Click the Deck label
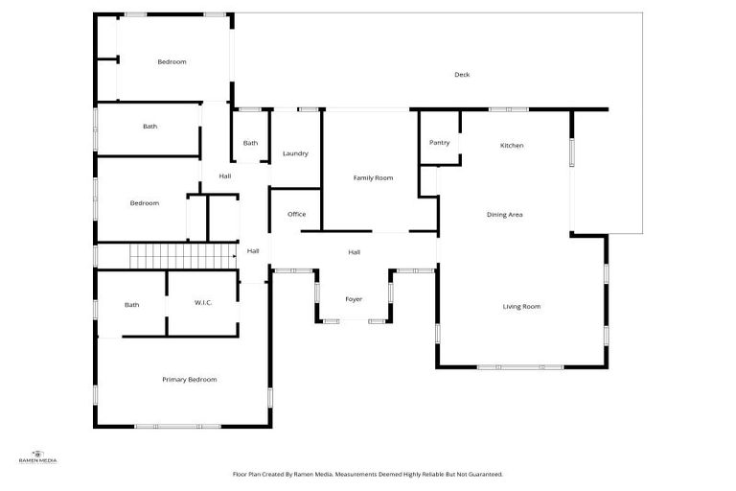(462, 75)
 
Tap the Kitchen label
(512, 146)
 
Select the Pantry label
(439, 143)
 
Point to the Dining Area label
(504, 215)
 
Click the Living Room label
(521, 307)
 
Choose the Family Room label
(373, 178)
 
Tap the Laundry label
(294, 154)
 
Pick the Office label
(296, 214)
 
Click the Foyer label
(354, 300)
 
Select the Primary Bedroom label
(189, 380)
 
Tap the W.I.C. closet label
(203, 304)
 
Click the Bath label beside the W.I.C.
(131, 305)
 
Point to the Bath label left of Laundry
(250, 144)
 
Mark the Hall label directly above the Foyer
(354, 252)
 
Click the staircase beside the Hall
(182, 256)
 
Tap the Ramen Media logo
(38, 456)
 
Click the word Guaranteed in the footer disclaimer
(483, 474)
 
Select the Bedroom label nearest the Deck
(172, 62)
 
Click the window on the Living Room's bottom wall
(520, 367)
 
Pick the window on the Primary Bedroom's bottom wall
(176, 426)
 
